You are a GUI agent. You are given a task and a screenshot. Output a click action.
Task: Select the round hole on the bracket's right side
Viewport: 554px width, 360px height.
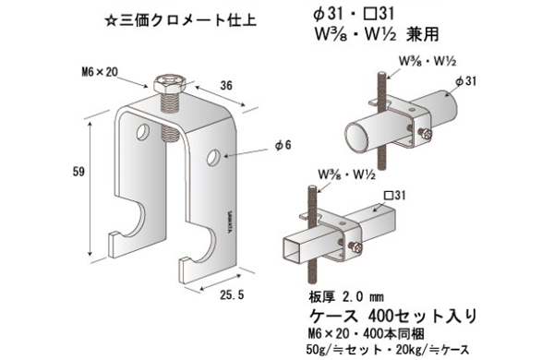click(x=214, y=157)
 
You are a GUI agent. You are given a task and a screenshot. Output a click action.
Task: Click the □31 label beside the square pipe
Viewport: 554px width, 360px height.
click(x=395, y=197)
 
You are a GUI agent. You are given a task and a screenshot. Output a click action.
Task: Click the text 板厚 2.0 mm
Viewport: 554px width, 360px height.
click(x=353, y=298)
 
